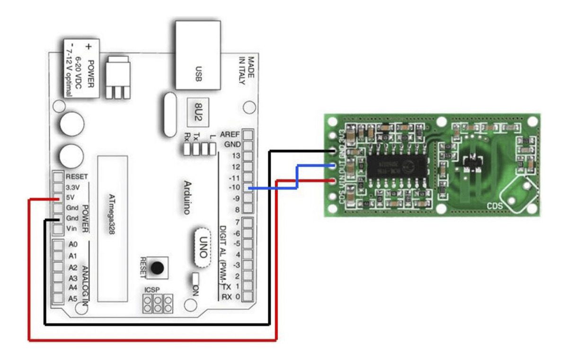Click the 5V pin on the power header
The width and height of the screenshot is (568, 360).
coord(58,198)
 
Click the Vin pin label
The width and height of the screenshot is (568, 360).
coord(71,229)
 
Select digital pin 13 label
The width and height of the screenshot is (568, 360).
coord(234,156)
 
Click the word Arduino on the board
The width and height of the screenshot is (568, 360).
coord(187,197)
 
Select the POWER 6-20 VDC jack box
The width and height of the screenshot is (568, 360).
coord(81,68)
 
